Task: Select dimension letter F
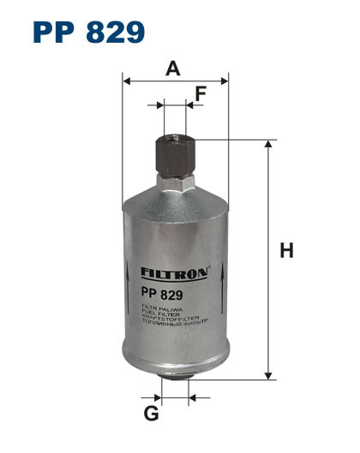[200, 94]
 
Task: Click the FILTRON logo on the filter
[175, 273]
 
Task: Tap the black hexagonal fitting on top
[175, 154]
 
